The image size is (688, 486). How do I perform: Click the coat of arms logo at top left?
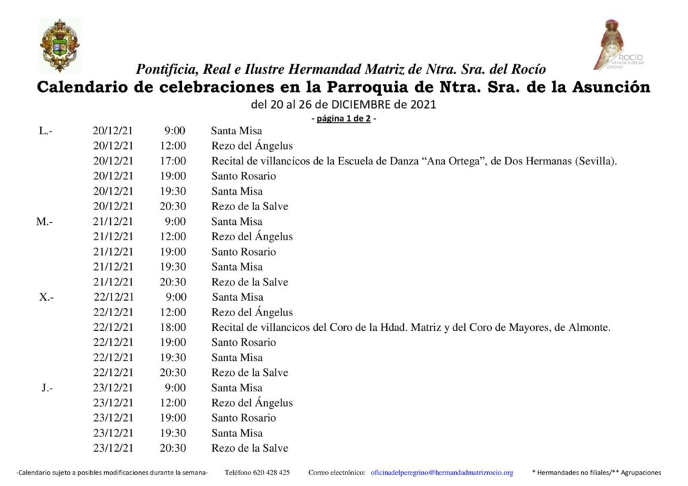59,45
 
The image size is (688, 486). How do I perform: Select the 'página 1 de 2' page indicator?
343,119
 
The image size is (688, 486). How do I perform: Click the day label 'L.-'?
46,131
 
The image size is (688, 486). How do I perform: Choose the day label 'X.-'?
46,297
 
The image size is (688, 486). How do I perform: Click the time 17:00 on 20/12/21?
174,161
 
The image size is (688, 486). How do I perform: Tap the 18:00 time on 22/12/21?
174,328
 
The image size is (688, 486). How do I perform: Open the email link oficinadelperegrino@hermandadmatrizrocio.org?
441,473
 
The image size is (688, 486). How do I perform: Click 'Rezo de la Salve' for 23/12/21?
249,448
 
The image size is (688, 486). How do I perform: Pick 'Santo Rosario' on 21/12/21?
243,252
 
